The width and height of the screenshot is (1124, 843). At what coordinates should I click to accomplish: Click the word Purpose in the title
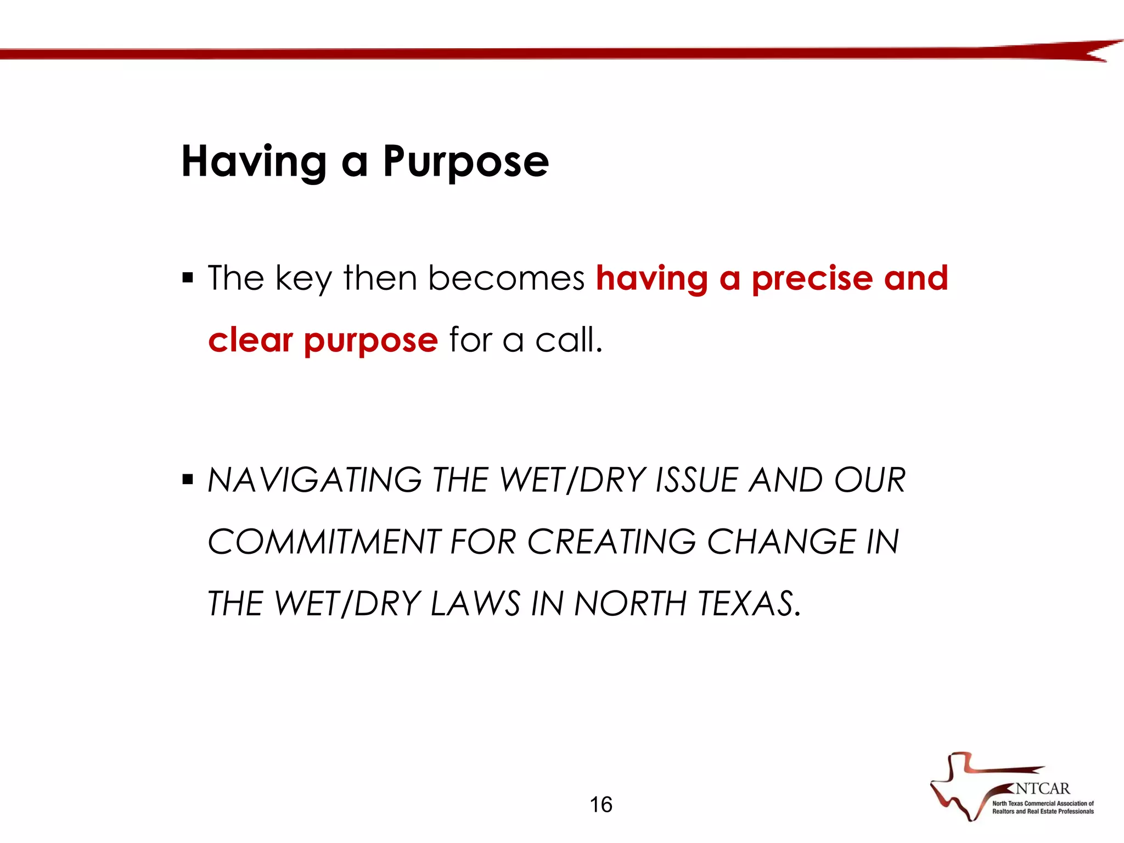tap(465, 162)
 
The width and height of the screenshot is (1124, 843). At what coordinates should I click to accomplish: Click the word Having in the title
tap(254, 162)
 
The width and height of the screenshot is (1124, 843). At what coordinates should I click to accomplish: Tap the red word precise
tap(812, 278)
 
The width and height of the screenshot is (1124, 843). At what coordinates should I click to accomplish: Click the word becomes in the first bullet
tap(506, 278)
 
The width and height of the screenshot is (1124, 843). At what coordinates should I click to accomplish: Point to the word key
tap(304, 278)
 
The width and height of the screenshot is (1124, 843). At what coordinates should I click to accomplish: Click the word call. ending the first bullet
tap(569, 340)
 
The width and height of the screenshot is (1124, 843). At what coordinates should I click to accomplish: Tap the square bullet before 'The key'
tap(188, 278)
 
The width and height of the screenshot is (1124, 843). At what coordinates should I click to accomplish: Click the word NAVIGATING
tap(314, 480)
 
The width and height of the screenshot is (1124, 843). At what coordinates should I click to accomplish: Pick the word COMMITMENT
tap(324, 542)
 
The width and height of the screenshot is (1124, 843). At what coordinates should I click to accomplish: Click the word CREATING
tap(611, 542)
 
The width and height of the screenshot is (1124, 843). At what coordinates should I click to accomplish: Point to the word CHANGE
tap(781, 542)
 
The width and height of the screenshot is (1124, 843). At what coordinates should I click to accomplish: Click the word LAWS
tap(475, 604)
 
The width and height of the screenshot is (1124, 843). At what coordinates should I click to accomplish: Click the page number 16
tap(601, 805)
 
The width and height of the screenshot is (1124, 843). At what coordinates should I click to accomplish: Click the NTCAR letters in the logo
tap(1042, 789)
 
